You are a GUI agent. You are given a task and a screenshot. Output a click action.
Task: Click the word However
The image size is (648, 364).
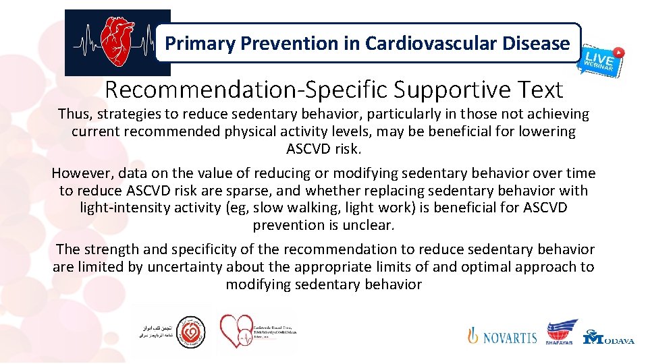pos(80,173)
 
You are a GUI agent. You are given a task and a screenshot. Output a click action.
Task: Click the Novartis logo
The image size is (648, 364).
pos(503,336)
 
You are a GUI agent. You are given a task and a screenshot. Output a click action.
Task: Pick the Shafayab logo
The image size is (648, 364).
pos(562,332)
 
